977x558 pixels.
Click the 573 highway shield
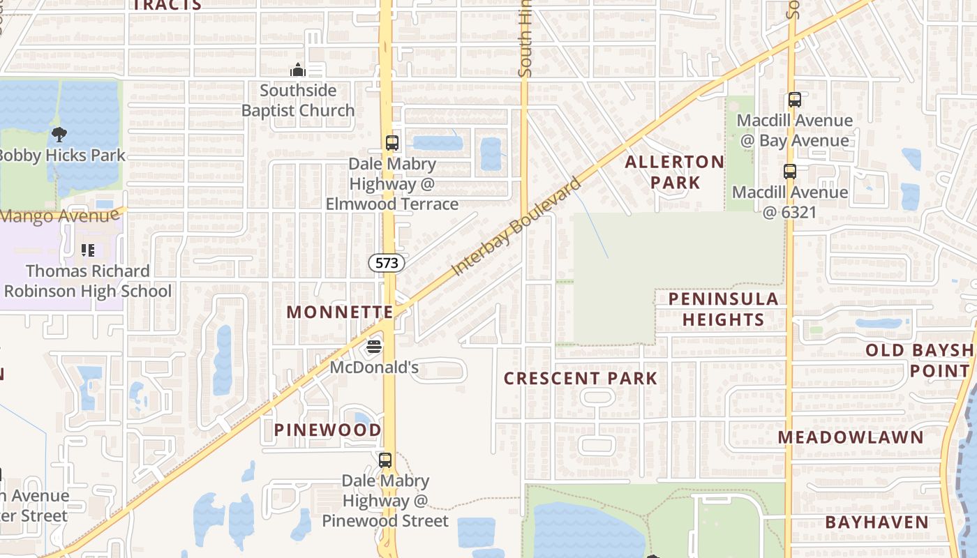click(x=387, y=263)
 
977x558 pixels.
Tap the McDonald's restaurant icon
click(x=375, y=346)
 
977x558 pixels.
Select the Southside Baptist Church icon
click(x=298, y=70)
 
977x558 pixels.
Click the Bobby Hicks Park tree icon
click(x=59, y=134)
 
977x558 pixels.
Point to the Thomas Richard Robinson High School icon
click(x=88, y=250)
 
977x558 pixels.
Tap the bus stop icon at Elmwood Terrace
click(x=392, y=143)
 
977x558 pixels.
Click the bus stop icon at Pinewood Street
click(x=385, y=460)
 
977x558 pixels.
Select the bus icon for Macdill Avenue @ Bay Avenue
click(x=794, y=100)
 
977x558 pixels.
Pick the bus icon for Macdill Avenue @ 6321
click(x=789, y=172)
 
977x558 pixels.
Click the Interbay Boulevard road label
click(x=516, y=227)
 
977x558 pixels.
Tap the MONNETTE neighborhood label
click(x=340, y=312)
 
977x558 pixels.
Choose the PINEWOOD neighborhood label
click(x=327, y=430)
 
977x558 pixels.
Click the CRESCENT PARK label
click(x=581, y=378)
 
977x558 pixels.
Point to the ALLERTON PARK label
click(x=664, y=172)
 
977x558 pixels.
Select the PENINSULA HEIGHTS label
click(x=723, y=309)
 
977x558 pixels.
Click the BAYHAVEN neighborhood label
click(x=877, y=522)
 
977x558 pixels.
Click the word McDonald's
click(x=374, y=367)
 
